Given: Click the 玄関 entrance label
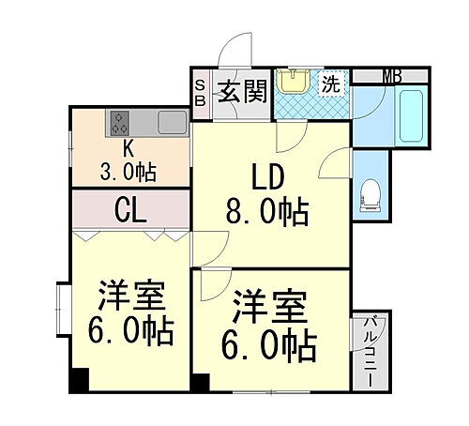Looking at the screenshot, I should pyautogui.click(x=242, y=92).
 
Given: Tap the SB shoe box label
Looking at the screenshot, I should pyautogui.click(x=200, y=94).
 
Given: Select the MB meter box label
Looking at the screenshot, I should pyautogui.click(x=391, y=76).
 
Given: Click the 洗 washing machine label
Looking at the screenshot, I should pyautogui.click(x=331, y=84).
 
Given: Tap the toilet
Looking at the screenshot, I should pyautogui.click(x=371, y=194).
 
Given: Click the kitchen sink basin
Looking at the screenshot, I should pyautogui.click(x=172, y=123).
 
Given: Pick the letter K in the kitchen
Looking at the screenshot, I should pyautogui.click(x=129, y=149).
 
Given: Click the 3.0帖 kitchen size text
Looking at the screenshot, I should pyautogui.click(x=129, y=172).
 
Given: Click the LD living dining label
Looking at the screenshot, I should pyautogui.click(x=265, y=175).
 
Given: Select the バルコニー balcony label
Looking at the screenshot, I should pyautogui.click(x=365, y=344).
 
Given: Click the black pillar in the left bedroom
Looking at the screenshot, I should pyautogui.click(x=80, y=381).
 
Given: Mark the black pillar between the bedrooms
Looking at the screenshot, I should pyautogui.click(x=200, y=382).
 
